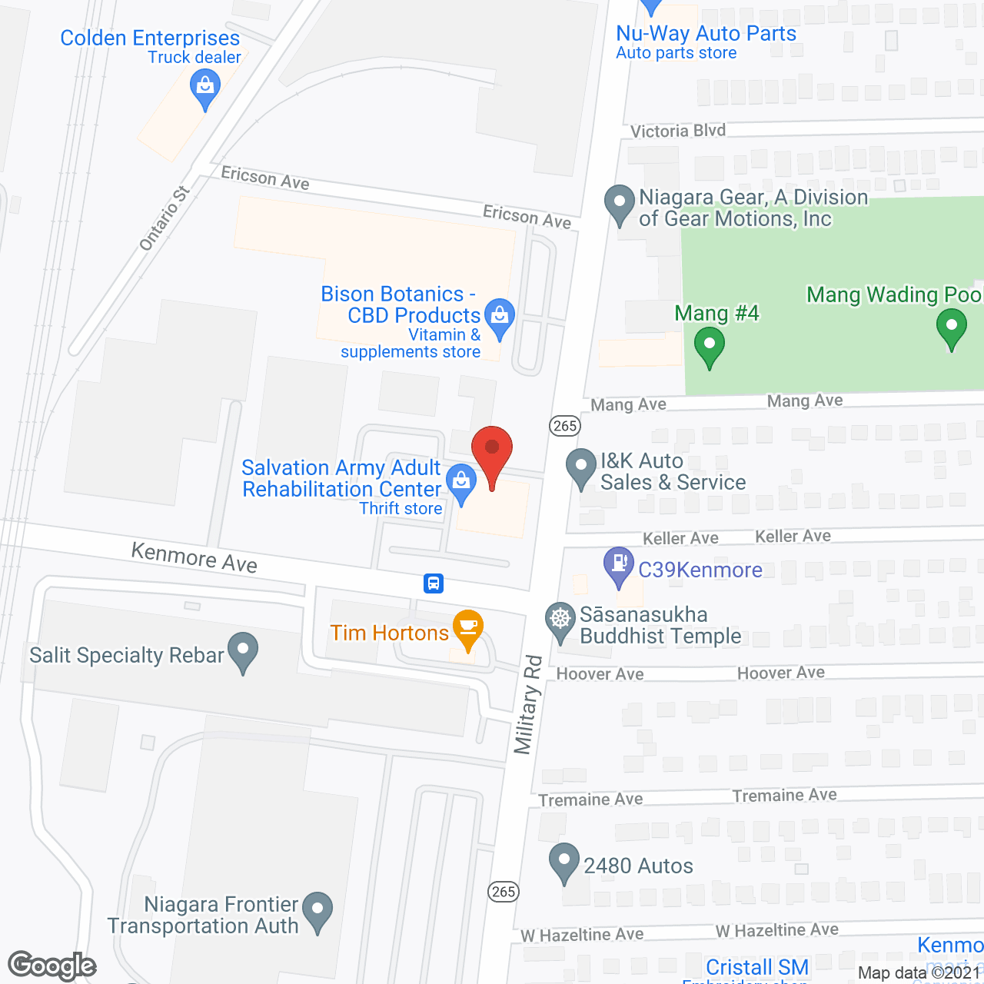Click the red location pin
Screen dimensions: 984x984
point(492,450)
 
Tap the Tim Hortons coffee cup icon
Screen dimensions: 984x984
point(467,627)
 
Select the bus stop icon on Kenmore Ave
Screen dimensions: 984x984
point(434,583)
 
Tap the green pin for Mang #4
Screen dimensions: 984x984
point(709,344)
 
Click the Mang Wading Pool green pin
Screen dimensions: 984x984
point(951,326)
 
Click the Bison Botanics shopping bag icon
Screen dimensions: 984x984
point(500,315)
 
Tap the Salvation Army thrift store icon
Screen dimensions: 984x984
point(461,482)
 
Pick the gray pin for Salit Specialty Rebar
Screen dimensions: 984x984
point(244,650)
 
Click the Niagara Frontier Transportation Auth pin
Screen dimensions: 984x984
point(317,909)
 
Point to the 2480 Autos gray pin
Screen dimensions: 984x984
point(564,860)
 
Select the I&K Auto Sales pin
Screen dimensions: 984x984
point(580,466)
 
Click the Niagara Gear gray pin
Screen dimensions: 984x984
point(619,203)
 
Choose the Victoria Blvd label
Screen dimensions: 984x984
point(677,131)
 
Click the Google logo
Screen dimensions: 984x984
point(52,966)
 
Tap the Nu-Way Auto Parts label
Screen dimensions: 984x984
point(706,33)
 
